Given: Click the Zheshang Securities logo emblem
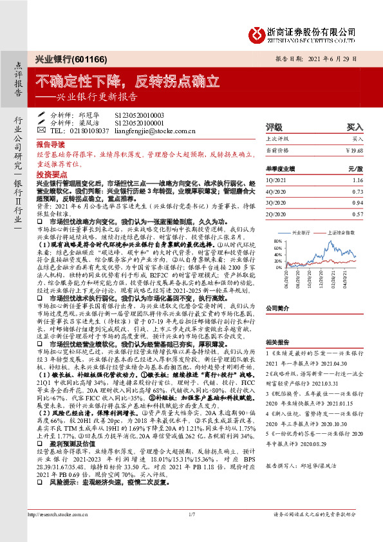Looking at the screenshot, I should (255, 33).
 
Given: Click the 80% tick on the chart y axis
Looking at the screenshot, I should (278, 241).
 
